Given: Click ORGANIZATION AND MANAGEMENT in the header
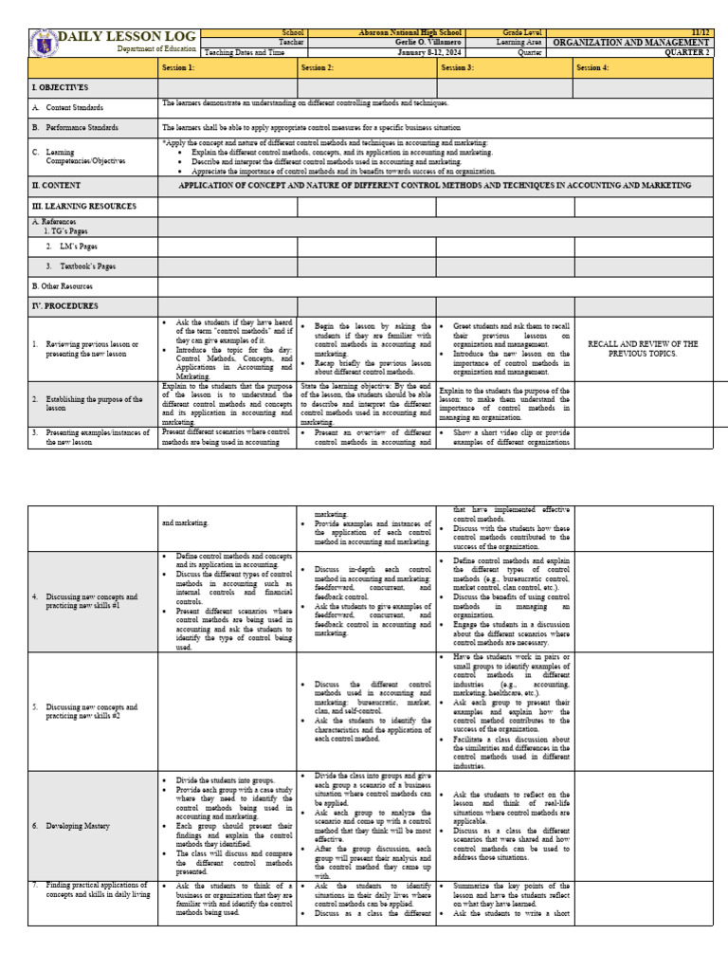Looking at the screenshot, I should [x=630, y=43].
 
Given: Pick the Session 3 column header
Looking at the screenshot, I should [x=457, y=68].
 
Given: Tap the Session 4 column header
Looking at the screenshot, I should [x=594, y=68].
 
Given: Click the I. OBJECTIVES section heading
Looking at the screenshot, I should [x=61, y=87].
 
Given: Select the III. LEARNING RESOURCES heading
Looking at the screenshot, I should [x=84, y=206].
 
